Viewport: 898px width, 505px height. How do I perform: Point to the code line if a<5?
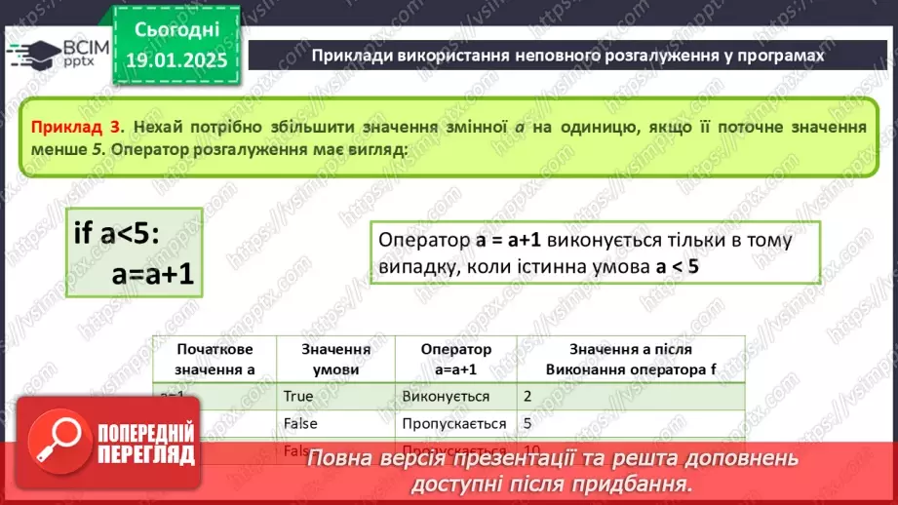click(x=117, y=233)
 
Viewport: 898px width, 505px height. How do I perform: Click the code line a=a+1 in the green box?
click(x=153, y=276)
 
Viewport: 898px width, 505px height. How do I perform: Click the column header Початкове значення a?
click(x=215, y=359)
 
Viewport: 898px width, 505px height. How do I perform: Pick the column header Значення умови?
click(x=334, y=359)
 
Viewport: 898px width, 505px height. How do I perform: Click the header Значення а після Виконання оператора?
click(x=630, y=359)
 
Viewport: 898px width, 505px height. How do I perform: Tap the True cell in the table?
click(x=298, y=397)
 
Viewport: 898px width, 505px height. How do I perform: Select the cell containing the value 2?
click(x=527, y=397)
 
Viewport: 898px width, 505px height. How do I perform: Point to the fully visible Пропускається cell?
click(x=453, y=423)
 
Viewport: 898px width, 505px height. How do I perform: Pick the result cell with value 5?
click(x=527, y=423)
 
